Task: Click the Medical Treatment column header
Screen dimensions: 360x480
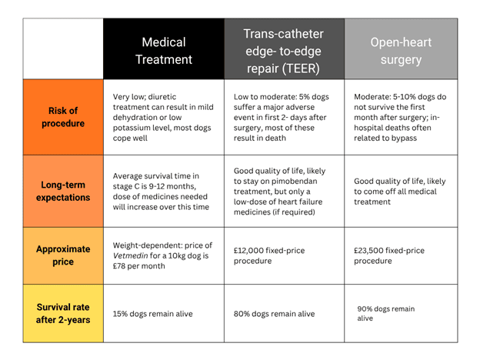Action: [x=163, y=50]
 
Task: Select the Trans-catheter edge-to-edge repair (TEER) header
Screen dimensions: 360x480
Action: [x=283, y=50]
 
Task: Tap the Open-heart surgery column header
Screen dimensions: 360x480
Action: [x=400, y=50]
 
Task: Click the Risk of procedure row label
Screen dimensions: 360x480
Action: [x=63, y=117]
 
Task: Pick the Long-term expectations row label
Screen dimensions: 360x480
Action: [x=63, y=192]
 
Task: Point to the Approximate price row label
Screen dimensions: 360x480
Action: [x=63, y=255]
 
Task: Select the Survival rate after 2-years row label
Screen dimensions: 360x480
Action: [x=63, y=313]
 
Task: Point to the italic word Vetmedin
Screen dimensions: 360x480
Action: [x=132, y=255]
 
